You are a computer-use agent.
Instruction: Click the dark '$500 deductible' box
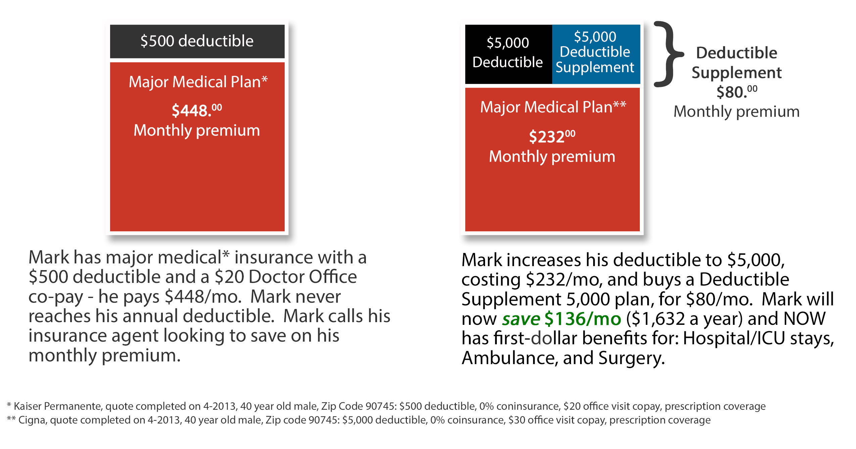coord(197,41)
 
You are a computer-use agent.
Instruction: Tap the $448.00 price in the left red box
coord(197,110)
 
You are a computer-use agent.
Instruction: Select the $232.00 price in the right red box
coord(552,136)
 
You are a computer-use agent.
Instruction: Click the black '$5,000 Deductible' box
coord(508,53)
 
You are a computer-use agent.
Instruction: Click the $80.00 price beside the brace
coord(736,92)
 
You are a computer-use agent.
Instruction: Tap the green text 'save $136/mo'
coord(561,319)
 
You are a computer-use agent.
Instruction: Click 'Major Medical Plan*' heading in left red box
coord(198,82)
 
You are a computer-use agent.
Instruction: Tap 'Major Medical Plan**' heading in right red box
coord(553,107)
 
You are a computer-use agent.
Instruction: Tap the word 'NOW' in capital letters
coord(804,319)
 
